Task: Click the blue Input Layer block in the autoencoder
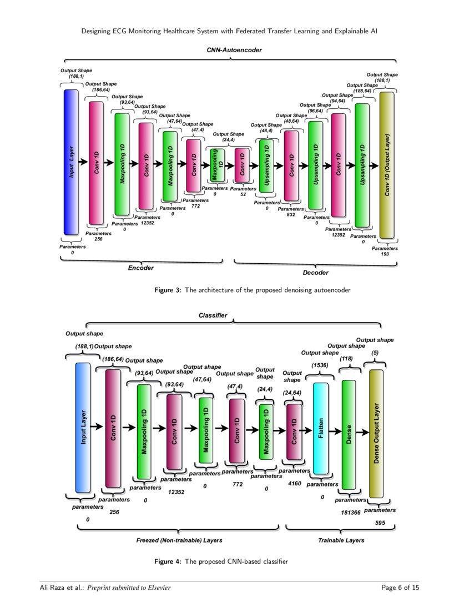pos(71,162)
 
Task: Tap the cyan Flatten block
pos(321,428)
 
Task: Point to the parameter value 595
pos(380,523)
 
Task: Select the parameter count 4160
pos(294,484)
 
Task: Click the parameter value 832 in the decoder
pos(291,214)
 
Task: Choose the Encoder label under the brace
pos(140,268)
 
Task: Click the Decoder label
pos(316,273)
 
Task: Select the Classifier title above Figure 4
pos(213,315)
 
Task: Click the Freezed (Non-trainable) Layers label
pos(175,540)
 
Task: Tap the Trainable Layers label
pos(341,540)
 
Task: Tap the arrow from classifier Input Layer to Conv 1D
pos(97,427)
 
